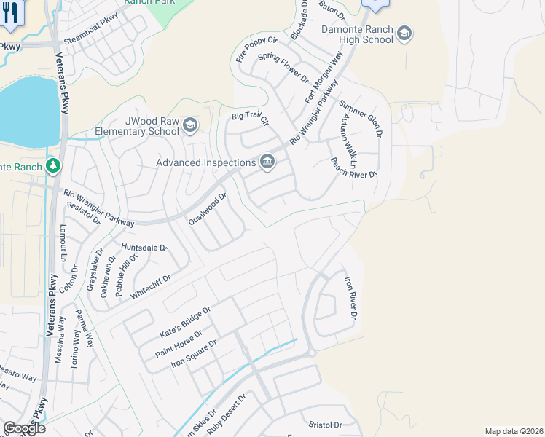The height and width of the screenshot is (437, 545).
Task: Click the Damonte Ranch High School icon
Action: [x=404, y=34]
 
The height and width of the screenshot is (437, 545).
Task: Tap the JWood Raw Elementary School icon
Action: [x=190, y=125]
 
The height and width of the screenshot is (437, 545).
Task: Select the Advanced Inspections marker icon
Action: [x=267, y=162]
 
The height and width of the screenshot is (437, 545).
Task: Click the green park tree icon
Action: [x=52, y=167]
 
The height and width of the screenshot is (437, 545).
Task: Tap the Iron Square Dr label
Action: [x=195, y=353]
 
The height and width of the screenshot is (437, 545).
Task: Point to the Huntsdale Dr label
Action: [x=144, y=248]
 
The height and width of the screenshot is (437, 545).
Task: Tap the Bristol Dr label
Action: [x=325, y=425]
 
